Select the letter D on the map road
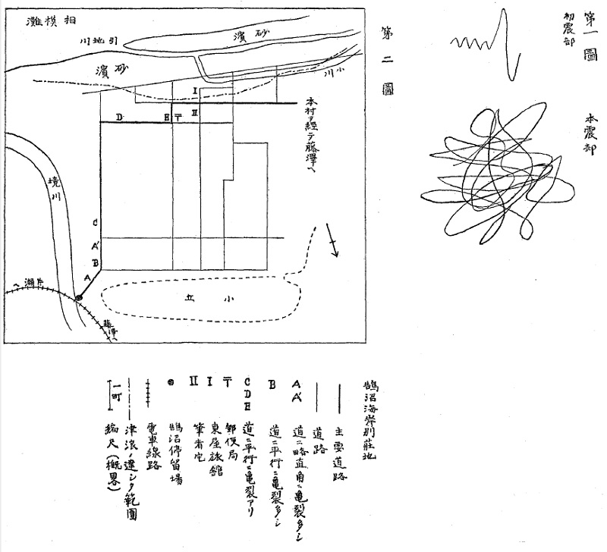coord(118,117)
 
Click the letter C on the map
coord(95,223)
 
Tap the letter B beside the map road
coord(95,263)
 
